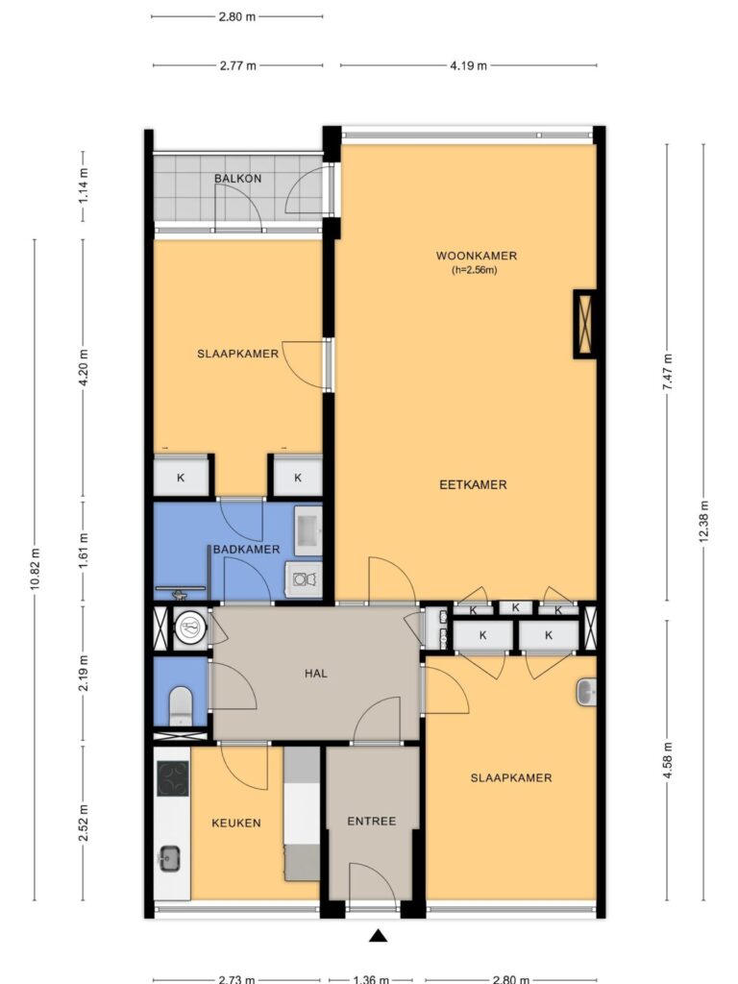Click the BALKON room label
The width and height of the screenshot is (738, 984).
(238, 178)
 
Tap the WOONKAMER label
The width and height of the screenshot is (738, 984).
(477, 256)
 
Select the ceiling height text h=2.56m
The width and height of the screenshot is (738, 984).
(475, 270)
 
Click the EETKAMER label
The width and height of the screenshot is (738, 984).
(473, 484)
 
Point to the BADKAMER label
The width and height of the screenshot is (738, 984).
(247, 549)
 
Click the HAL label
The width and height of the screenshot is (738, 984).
(315, 674)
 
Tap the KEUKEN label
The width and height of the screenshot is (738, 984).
(236, 823)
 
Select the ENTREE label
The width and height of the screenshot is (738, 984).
(372, 821)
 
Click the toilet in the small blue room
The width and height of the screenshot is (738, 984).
(181, 705)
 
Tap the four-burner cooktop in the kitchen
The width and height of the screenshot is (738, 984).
(173, 778)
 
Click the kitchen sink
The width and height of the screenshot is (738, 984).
(169, 858)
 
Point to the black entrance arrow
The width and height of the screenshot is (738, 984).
(377, 936)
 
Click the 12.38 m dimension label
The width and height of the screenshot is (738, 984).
(703, 521)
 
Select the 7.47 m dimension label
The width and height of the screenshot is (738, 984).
(667, 372)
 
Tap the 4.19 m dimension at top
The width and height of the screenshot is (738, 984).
(468, 65)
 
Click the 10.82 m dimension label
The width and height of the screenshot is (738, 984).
(36, 568)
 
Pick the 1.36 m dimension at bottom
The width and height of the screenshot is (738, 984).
(371, 979)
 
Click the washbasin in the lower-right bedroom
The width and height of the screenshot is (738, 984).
(585, 692)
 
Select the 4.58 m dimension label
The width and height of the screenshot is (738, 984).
(667, 761)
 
